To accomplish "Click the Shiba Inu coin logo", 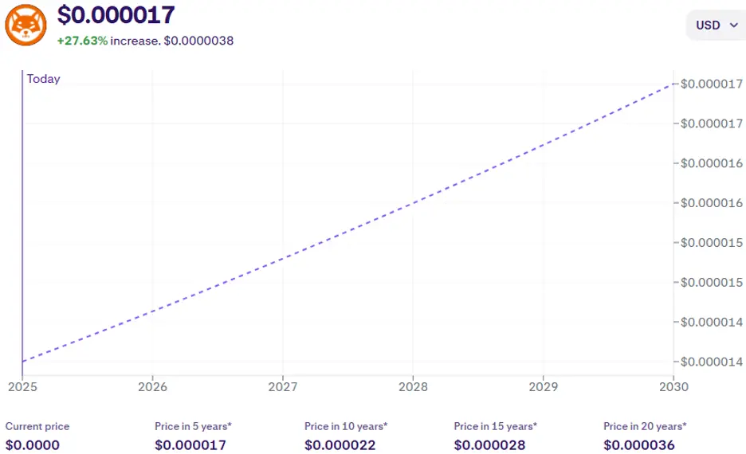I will click(26, 24).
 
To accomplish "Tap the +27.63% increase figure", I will click(82, 40).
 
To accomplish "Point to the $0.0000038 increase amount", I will click(198, 40).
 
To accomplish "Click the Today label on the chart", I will click(43, 79).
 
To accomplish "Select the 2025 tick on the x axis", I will click(22, 386).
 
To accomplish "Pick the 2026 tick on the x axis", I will click(152, 386).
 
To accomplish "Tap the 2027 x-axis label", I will click(282, 386).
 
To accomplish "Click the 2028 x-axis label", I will click(413, 386).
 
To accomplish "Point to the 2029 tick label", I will click(543, 386).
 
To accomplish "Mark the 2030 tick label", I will click(673, 386).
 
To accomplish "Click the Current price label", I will click(37, 426).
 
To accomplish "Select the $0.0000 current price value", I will click(32, 444).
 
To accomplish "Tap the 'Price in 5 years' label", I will click(193, 426).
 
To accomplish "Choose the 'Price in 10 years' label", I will click(346, 426).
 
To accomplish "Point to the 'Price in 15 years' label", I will click(496, 426).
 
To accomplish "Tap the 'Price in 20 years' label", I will click(645, 426).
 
